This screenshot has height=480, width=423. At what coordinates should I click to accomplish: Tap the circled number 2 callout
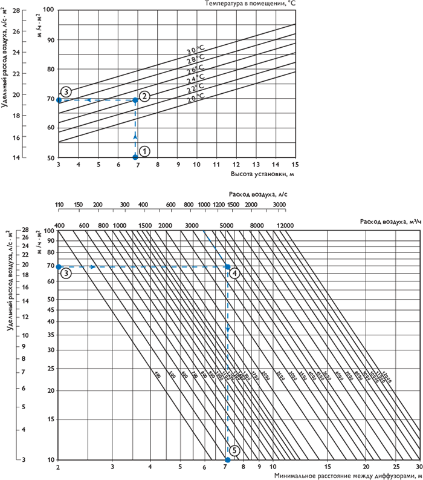(x=144, y=96)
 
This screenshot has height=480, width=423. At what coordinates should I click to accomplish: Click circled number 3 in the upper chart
(x=66, y=91)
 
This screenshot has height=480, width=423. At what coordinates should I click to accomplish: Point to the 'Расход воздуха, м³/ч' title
(x=388, y=220)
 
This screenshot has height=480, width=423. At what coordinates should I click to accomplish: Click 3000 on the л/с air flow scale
(x=279, y=205)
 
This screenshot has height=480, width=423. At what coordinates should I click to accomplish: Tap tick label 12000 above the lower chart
(x=285, y=225)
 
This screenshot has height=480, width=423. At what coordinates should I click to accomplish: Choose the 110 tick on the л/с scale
(x=59, y=205)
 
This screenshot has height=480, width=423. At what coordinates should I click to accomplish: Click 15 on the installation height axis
(x=295, y=164)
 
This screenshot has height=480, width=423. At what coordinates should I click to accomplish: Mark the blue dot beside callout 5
(x=228, y=460)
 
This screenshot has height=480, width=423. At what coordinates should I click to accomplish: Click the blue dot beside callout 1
(x=135, y=157)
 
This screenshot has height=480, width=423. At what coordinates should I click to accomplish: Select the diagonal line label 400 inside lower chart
(x=157, y=375)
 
